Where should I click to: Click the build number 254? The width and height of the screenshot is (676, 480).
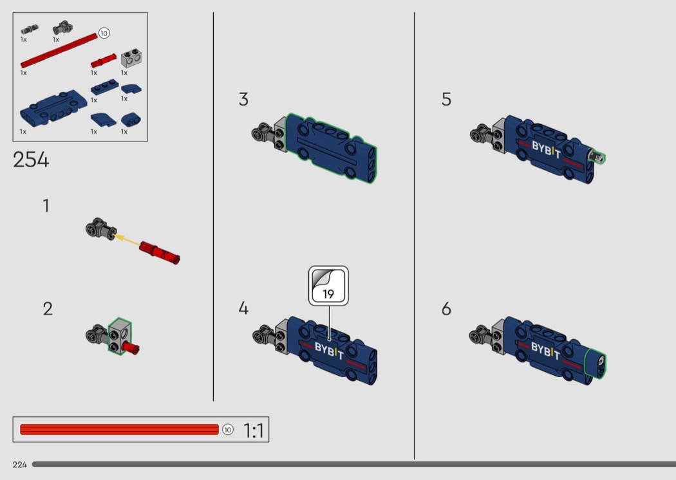(31, 160)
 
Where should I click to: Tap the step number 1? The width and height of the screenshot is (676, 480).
(46, 205)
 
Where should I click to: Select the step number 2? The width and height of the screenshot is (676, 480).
(48, 308)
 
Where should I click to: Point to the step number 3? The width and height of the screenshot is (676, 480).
(243, 99)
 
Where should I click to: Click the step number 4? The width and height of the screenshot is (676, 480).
(243, 308)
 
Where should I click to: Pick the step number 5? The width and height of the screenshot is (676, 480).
(446, 99)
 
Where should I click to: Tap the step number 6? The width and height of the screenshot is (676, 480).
(446, 308)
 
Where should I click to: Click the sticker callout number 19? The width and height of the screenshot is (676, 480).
(328, 294)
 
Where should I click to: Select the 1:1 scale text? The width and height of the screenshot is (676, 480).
(254, 430)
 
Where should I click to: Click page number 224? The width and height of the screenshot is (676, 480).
(20, 465)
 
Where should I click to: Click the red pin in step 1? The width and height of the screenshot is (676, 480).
(160, 252)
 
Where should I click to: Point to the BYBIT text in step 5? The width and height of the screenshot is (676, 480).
(546, 149)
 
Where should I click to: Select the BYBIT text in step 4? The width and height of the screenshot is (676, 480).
(329, 350)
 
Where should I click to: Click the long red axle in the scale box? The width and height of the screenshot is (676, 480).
(119, 430)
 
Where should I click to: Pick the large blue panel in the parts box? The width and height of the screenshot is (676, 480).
(53, 107)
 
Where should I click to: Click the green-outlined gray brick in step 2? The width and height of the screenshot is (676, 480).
(119, 336)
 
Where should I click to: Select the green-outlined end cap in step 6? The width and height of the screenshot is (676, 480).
(596, 364)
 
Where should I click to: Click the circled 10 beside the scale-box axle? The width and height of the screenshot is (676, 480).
(228, 430)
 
